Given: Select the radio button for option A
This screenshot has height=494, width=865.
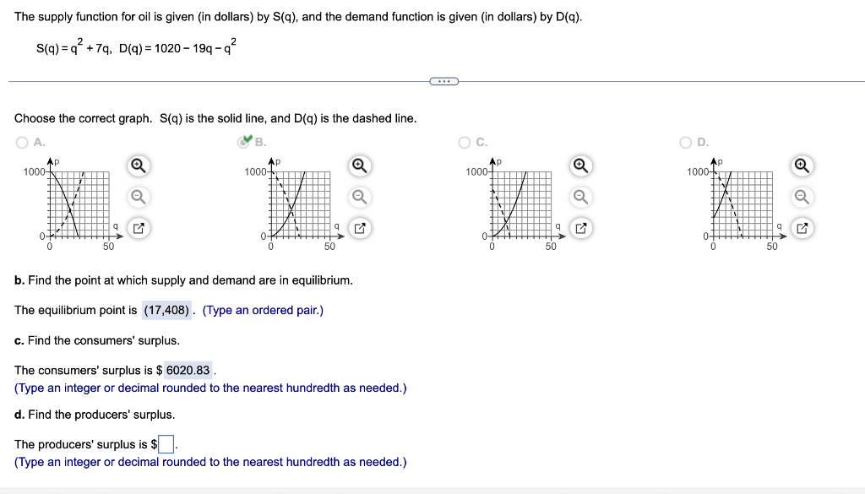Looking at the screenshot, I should [x=21, y=142].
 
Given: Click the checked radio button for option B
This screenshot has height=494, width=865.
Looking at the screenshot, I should [x=244, y=142].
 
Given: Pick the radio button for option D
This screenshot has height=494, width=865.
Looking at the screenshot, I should [x=687, y=142].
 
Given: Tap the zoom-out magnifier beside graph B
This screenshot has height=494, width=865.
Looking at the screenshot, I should [x=360, y=197].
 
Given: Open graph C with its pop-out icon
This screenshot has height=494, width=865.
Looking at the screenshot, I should [x=580, y=228].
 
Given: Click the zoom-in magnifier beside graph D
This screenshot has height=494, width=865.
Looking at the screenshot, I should [x=802, y=166].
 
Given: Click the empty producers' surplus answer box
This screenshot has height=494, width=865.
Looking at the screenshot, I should [x=166, y=444].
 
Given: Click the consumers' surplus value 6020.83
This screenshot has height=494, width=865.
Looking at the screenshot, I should [x=188, y=370].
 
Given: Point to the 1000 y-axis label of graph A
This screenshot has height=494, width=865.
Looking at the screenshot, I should [x=34, y=171].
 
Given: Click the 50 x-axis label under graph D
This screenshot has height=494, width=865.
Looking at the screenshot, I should [x=771, y=247].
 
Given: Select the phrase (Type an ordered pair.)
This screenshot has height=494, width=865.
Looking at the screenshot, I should [x=263, y=310].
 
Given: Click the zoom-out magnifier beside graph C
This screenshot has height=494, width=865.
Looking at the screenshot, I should [x=580, y=197].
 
